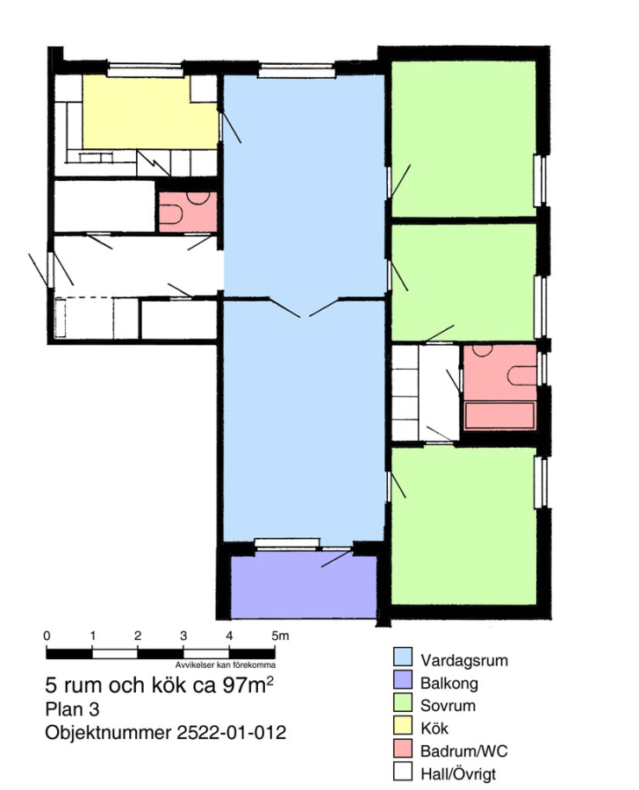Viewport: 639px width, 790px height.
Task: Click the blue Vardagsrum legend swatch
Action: click(402, 657)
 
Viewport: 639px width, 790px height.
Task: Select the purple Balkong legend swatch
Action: click(402, 680)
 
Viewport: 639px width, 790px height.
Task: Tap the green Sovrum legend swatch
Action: click(402, 703)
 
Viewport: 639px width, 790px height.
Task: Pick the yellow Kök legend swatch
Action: click(402, 726)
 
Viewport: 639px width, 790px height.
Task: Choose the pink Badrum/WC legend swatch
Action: click(402, 748)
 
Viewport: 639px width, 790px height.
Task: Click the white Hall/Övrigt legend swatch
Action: click(402, 771)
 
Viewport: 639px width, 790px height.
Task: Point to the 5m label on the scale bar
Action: click(280, 636)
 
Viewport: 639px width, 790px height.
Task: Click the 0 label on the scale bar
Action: click(47, 636)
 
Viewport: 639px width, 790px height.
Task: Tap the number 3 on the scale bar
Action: click(183, 636)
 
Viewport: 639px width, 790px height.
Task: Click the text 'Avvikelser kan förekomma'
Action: click(226, 665)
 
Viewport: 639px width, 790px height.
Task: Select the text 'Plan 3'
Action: click(72, 709)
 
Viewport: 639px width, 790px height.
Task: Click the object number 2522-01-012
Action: click(232, 731)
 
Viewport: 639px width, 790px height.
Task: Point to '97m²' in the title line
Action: click(248, 686)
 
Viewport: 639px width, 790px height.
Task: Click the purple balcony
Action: click(304, 587)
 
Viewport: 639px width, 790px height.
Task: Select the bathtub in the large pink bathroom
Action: click(499, 416)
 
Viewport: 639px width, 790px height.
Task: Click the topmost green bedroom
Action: click(463, 139)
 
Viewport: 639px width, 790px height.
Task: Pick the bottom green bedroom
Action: click(463, 526)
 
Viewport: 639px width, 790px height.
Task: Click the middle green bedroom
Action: click(463, 282)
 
